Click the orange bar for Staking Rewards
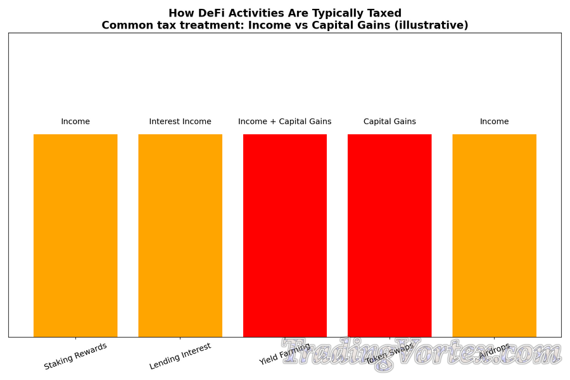[x=75, y=235]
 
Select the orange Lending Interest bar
[x=180, y=235]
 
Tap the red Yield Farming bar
[x=285, y=235]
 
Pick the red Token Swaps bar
[x=389, y=235]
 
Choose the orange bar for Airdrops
[x=494, y=235]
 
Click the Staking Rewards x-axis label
[x=75, y=356]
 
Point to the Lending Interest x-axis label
[x=180, y=356]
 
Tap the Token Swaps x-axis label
[x=389, y=353]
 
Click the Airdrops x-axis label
[x=494, y=351]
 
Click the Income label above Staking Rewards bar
[x=75, y=122]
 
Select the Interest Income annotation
[x=180, y=122]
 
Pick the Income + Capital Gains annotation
[x=285, y=122]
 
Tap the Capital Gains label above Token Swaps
[x=389, y=122]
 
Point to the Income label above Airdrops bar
[x=494, y=122]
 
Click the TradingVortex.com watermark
[x=421, y=353]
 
